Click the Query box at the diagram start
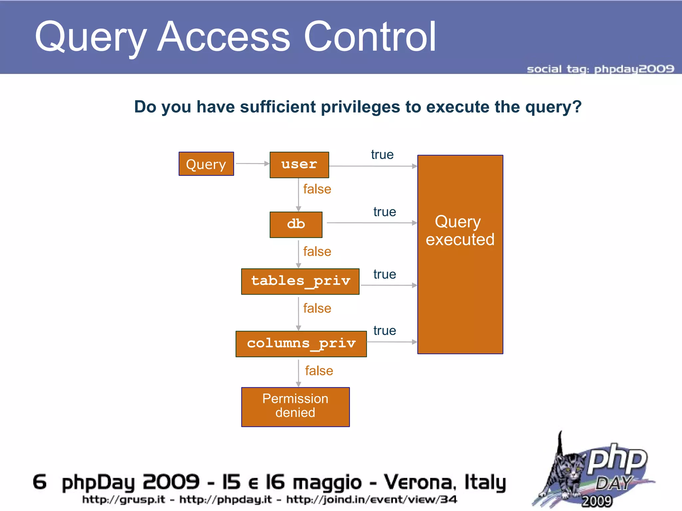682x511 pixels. tap(206, 164)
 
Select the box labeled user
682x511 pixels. tap(299, 165)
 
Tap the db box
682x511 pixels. tap(296, 225)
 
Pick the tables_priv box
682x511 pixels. tap(300, 281)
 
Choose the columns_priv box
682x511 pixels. tap(301, 344)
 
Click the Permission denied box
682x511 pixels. tap(295, 407)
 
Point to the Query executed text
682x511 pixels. tap(460, 231)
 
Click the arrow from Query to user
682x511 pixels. tap(252, 163)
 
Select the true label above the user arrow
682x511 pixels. tap(382, 155)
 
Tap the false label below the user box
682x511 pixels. tap(317, 189)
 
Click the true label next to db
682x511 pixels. tap(385, 212)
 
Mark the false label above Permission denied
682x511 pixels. tap(319, 371)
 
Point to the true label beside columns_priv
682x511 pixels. tap(385, 331)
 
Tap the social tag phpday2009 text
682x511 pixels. tap(600, 69)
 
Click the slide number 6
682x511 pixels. tap(40, 482)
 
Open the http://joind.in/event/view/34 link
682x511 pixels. tap(372, 499)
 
